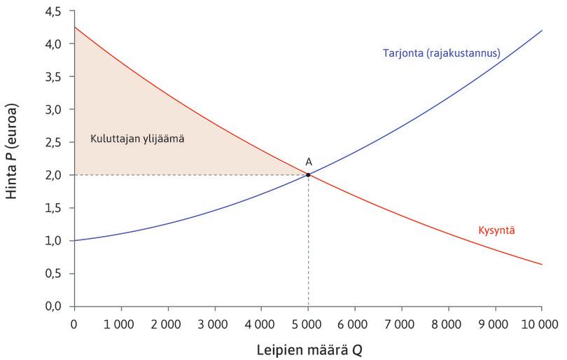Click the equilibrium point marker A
308,174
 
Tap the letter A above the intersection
308,162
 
